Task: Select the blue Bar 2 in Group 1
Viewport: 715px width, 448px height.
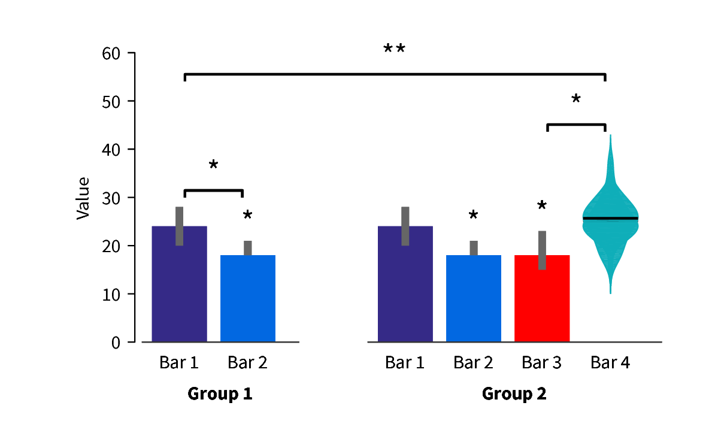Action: (x=247, y=299)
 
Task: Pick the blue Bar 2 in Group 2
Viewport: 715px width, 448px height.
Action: (x=473, y=299)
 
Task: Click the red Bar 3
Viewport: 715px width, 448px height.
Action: (x=541, y=299)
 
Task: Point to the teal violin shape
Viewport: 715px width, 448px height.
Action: (x=610, y=240)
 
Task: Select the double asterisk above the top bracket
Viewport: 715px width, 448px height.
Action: (x=394, y=49)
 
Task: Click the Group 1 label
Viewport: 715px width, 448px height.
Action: (x=220, y=394)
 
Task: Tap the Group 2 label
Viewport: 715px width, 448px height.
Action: (x=514, y=394)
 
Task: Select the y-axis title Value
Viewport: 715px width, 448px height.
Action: (x=83, y=198)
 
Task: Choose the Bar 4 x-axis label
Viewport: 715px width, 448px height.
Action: (x=610, y=362)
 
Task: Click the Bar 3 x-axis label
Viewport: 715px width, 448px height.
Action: (x=541, y=362)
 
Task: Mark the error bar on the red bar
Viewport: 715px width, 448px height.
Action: (x=542, y=250)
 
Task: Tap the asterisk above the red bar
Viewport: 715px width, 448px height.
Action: (x=542, y=206)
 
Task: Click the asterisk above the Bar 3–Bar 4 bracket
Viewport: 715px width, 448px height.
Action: (x=575, y=99)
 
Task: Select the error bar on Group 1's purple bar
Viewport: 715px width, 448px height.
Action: (x=179, y=226)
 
